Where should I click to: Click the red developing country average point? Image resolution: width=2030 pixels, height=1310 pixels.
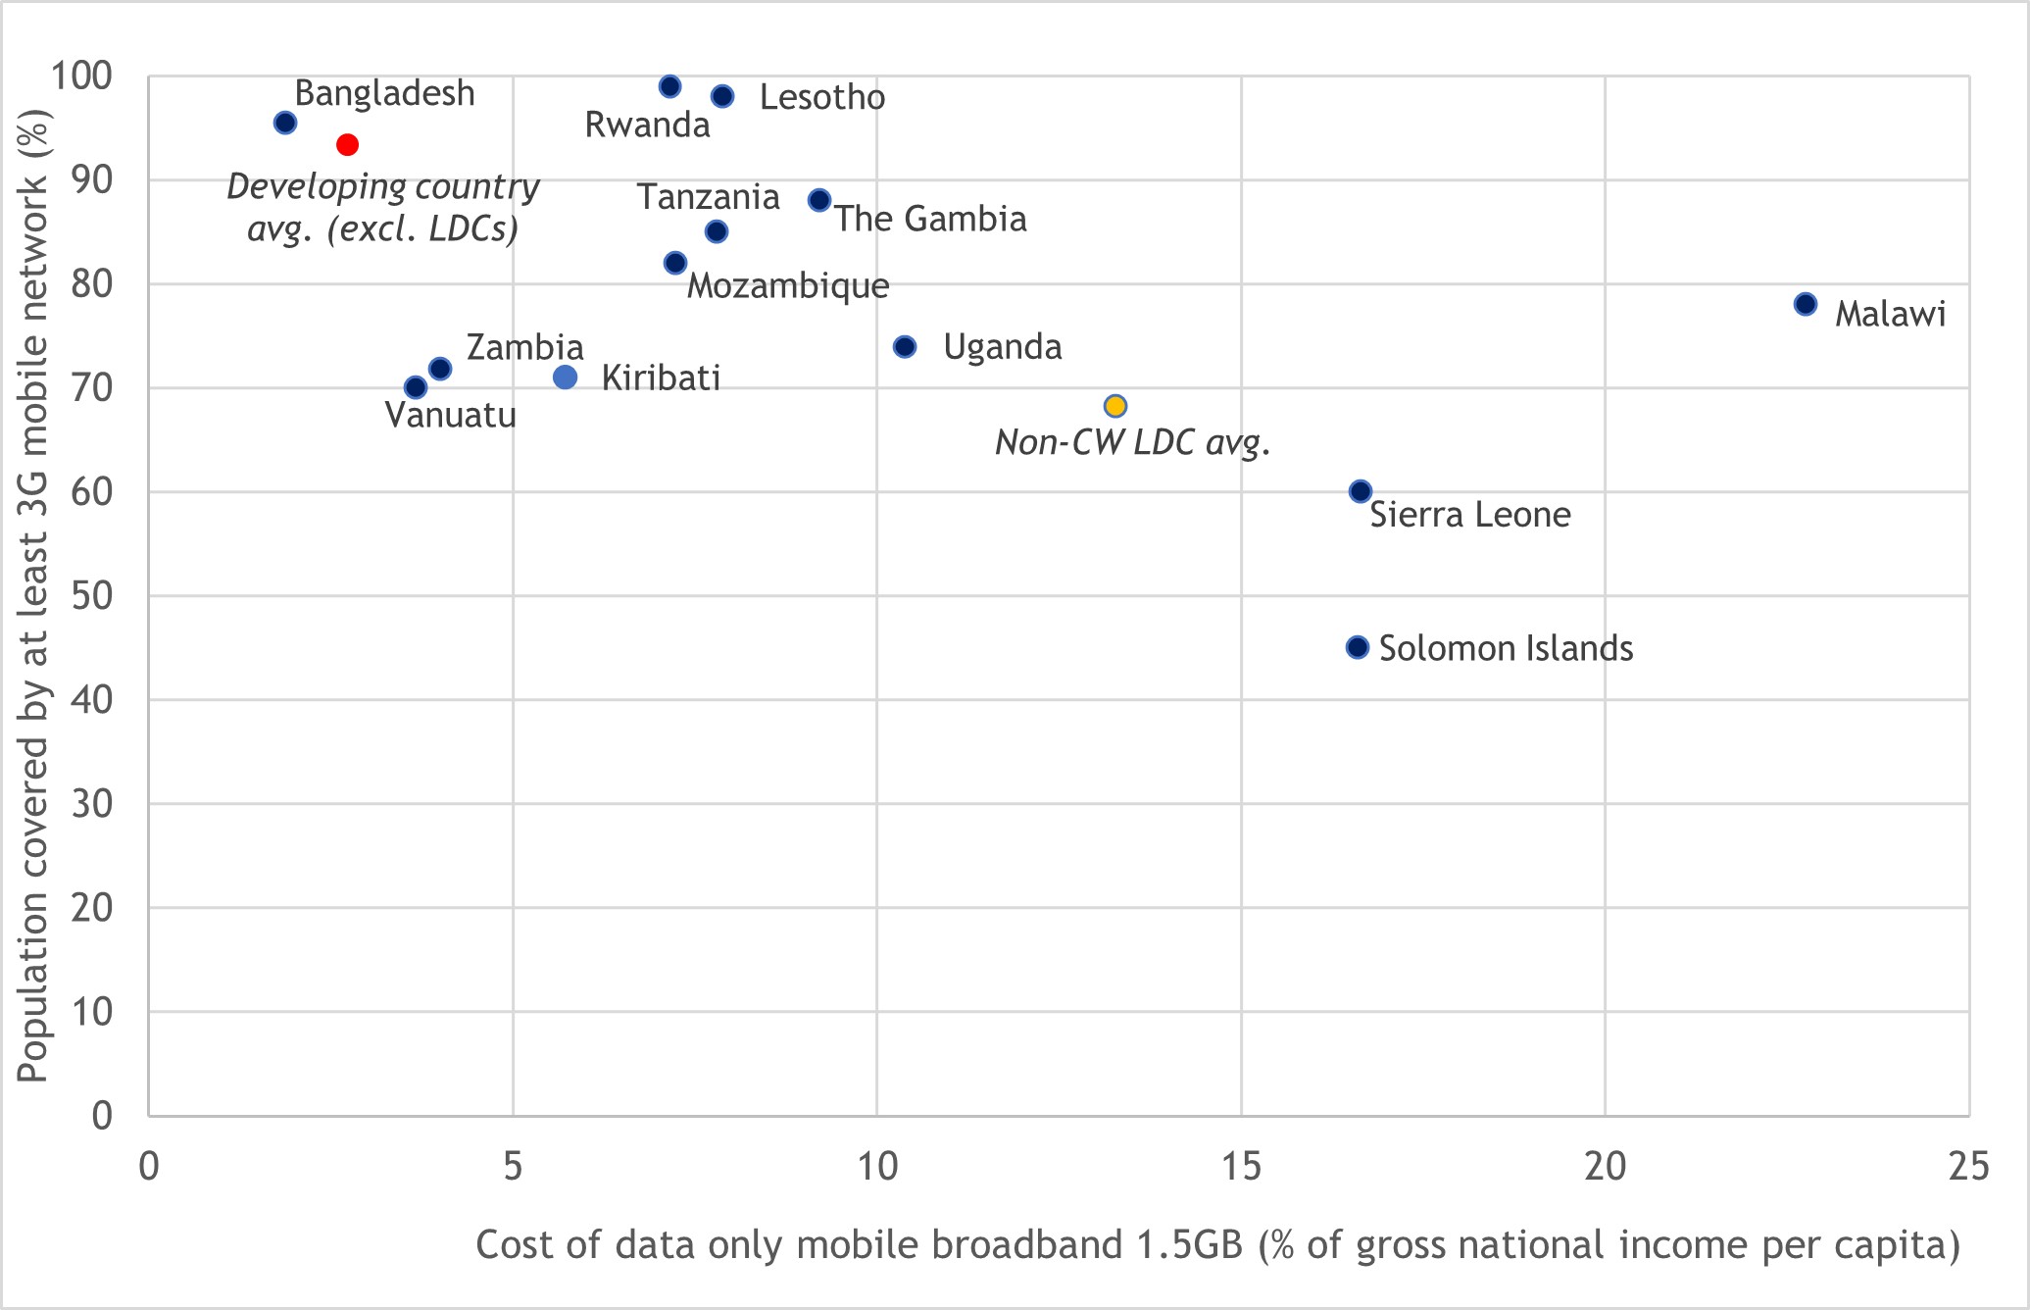click(347, 145)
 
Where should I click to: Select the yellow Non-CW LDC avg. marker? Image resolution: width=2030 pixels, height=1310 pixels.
click(1114, 406)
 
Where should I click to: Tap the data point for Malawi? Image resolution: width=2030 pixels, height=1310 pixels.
click(1806, 304)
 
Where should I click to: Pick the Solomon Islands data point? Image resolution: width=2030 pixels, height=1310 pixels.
click(1358, 647)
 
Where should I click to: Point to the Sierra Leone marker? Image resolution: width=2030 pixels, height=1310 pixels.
click(1361, 491)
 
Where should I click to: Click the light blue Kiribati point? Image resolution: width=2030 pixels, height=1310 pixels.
click(565, 378)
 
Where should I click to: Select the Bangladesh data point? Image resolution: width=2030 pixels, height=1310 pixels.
click(285, 123)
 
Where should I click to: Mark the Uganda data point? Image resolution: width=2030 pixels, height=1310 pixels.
click(905, 347)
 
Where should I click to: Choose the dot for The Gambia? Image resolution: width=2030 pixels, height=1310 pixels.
click(819, 200)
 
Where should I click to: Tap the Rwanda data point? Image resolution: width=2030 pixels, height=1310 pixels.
click(670, 86)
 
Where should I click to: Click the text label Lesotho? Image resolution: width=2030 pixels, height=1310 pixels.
click(821, 98)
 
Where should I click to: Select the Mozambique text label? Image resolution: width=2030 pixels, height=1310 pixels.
click(788, 286)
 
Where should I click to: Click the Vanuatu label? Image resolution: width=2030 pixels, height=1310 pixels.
click(450, 416)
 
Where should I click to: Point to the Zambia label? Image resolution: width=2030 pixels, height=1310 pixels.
click(524, 347)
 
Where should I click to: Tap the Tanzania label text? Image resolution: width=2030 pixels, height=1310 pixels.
click(708, 197)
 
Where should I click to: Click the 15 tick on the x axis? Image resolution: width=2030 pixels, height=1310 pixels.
click(1241, 1167)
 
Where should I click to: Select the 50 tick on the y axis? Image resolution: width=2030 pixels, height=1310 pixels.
click(91, 595)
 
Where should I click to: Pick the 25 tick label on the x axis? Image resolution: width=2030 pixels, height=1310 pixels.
click(1968, 1167)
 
